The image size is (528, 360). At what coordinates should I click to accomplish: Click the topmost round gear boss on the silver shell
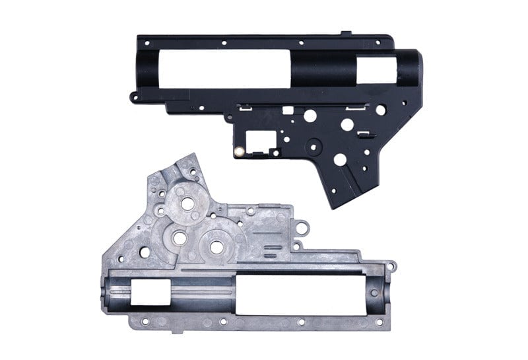point(187,203)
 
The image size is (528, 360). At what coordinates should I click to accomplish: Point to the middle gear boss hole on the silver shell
point(180,236)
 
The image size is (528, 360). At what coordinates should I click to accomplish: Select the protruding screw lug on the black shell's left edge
point(134,98)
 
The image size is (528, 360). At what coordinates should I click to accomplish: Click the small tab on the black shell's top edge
point(346,32)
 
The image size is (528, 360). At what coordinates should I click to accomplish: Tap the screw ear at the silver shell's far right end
point(393,267)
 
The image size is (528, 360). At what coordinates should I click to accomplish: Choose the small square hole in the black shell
point(288,110)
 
